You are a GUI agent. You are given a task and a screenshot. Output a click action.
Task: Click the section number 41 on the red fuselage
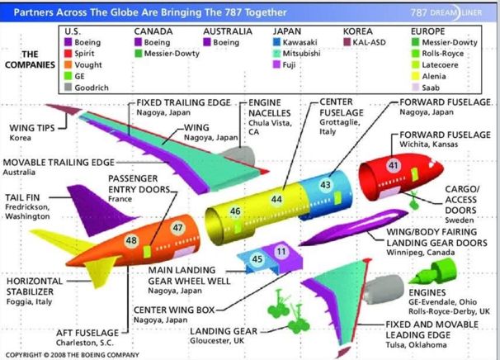click(x=394, y=165)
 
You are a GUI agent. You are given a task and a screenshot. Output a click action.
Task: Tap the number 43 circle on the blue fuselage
click(x=325, y=185)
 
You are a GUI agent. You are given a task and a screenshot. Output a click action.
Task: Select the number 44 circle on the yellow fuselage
click(x=276, y=200)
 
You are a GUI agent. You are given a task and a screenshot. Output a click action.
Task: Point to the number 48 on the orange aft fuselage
click(x=131, y=240)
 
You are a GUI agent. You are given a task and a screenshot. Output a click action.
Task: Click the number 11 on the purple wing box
click(x=281, y=252)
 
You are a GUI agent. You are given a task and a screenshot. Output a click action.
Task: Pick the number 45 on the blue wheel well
click(x=257, y=258)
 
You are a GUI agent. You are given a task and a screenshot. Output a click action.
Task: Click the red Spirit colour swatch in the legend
click(x=68, y=54)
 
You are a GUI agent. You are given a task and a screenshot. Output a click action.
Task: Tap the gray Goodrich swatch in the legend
click(x=68, y=88)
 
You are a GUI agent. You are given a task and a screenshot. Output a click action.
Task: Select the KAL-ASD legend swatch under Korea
click(x=347, y=42)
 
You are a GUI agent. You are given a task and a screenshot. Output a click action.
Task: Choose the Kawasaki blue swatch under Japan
click(x=276, y=42)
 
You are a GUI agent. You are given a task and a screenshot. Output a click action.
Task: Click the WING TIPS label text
click(x=32, y=128)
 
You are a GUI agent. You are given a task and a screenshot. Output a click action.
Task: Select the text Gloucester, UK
click(x=217, y=341)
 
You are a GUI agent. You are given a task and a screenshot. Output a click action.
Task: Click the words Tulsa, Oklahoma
click(x=416, y=345)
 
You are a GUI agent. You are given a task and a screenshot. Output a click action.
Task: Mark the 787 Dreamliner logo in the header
click(x=446, y=12)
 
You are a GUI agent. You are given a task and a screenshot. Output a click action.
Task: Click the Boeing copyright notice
click(x=73, y=355)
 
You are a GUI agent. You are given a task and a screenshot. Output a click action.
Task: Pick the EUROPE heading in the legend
click(x=427, y=31)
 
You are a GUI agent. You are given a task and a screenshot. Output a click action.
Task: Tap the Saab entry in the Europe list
click(x=426, y=88)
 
